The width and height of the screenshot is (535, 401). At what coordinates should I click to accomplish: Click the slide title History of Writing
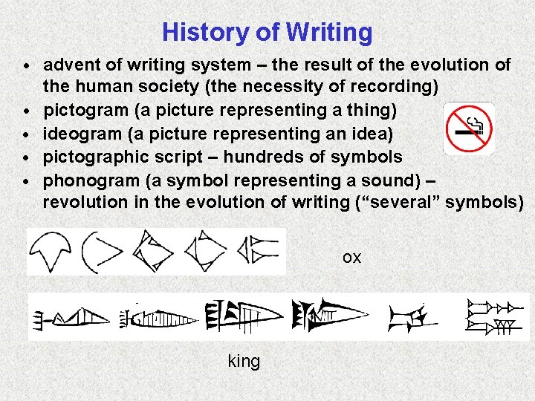pyautogui.click(x=267, y=32)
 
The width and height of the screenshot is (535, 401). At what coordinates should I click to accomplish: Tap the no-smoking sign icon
pyautogui.click(x=468, y=128)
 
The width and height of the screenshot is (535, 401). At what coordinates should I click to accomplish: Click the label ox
pyautogui.click(x=351, y=258)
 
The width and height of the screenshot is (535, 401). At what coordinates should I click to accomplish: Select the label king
pyautogui.click(x=244, y=362)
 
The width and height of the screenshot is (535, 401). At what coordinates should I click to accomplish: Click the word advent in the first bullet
pyautogui.click(x=68, y=65)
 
